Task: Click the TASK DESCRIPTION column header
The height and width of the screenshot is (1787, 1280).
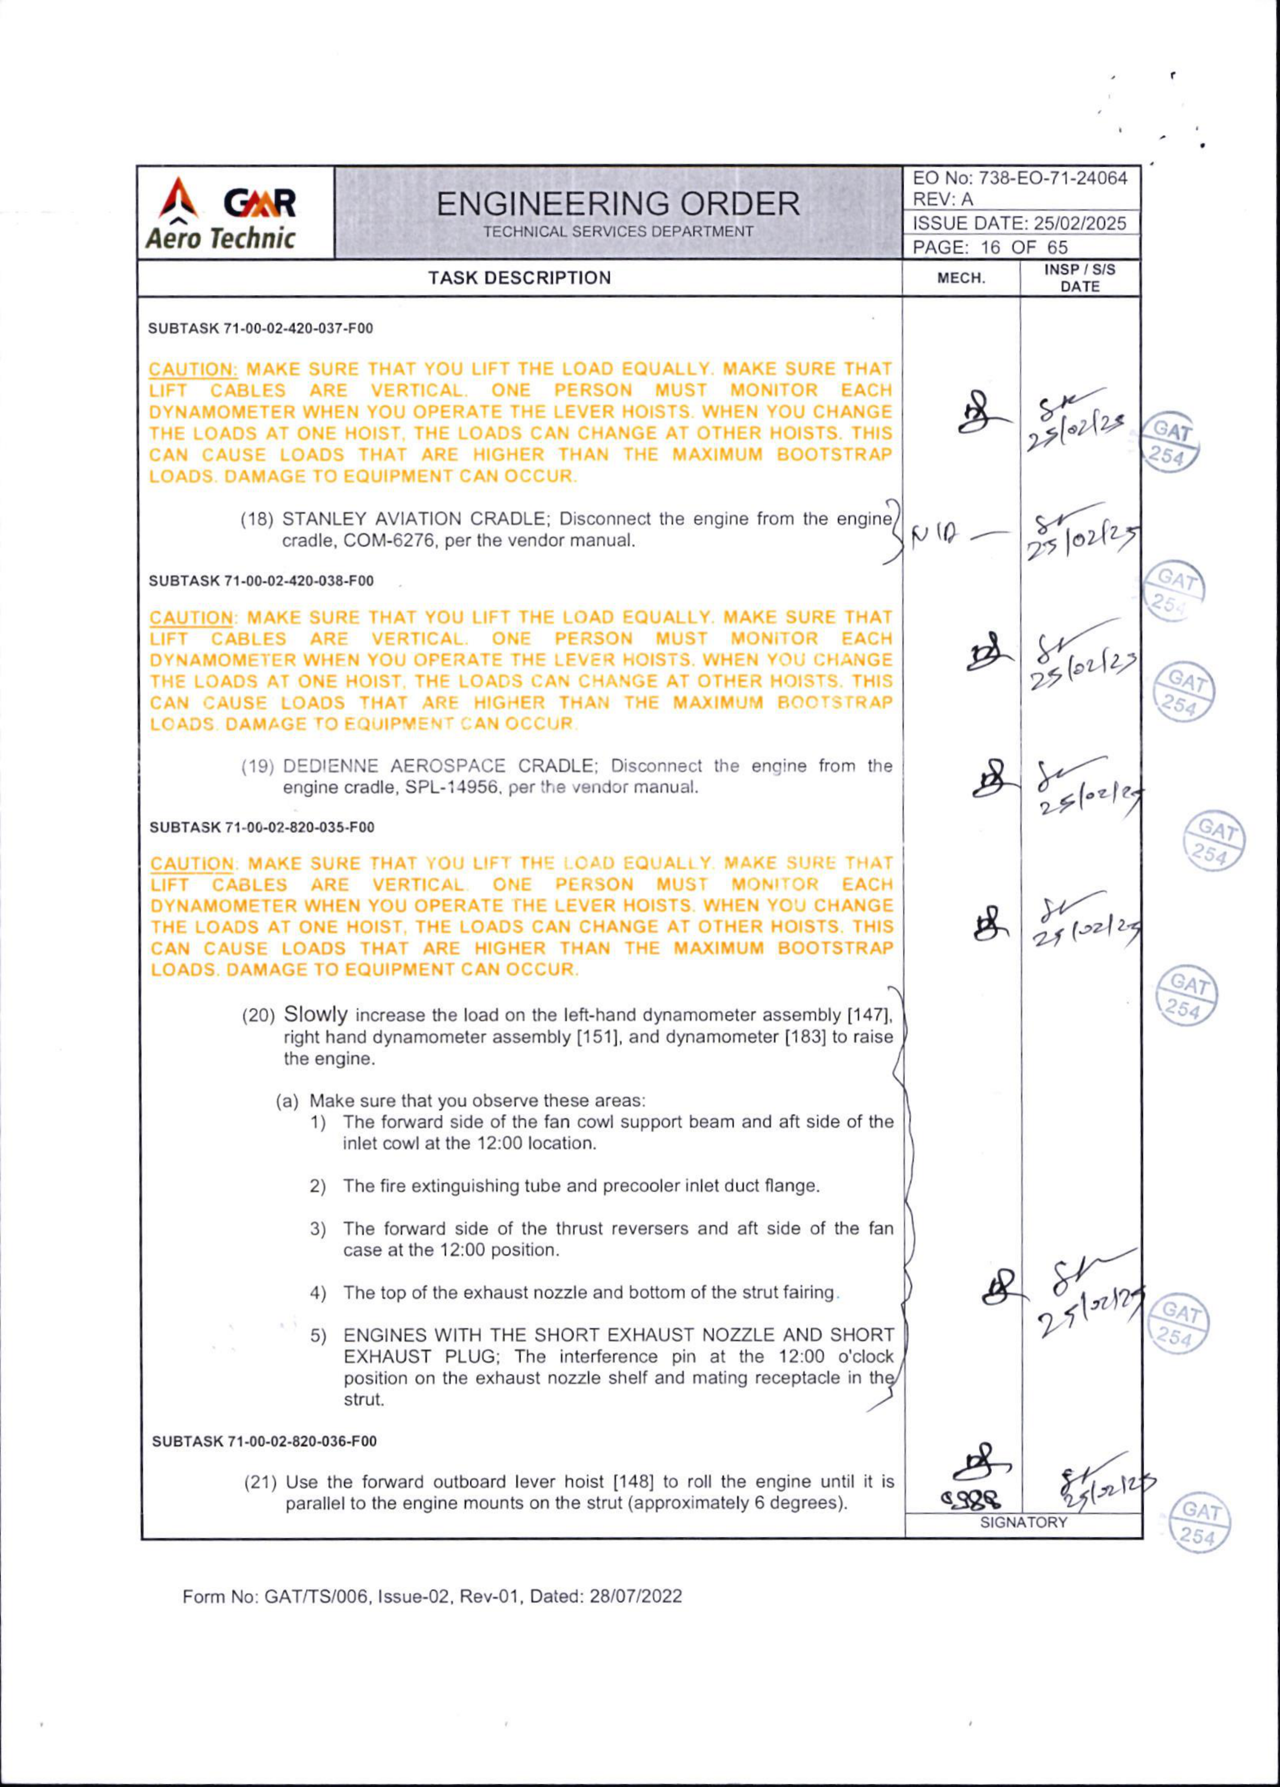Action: (519, 278)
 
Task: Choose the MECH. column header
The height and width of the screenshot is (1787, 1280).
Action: (961, 278)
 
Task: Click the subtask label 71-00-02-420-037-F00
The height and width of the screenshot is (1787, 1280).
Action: (298, 329)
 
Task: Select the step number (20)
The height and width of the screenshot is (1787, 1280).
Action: (258, 1016)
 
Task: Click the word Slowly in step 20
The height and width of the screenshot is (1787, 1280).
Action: (315, 1014)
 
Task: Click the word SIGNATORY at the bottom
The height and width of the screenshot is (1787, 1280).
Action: (1023, 1523)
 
